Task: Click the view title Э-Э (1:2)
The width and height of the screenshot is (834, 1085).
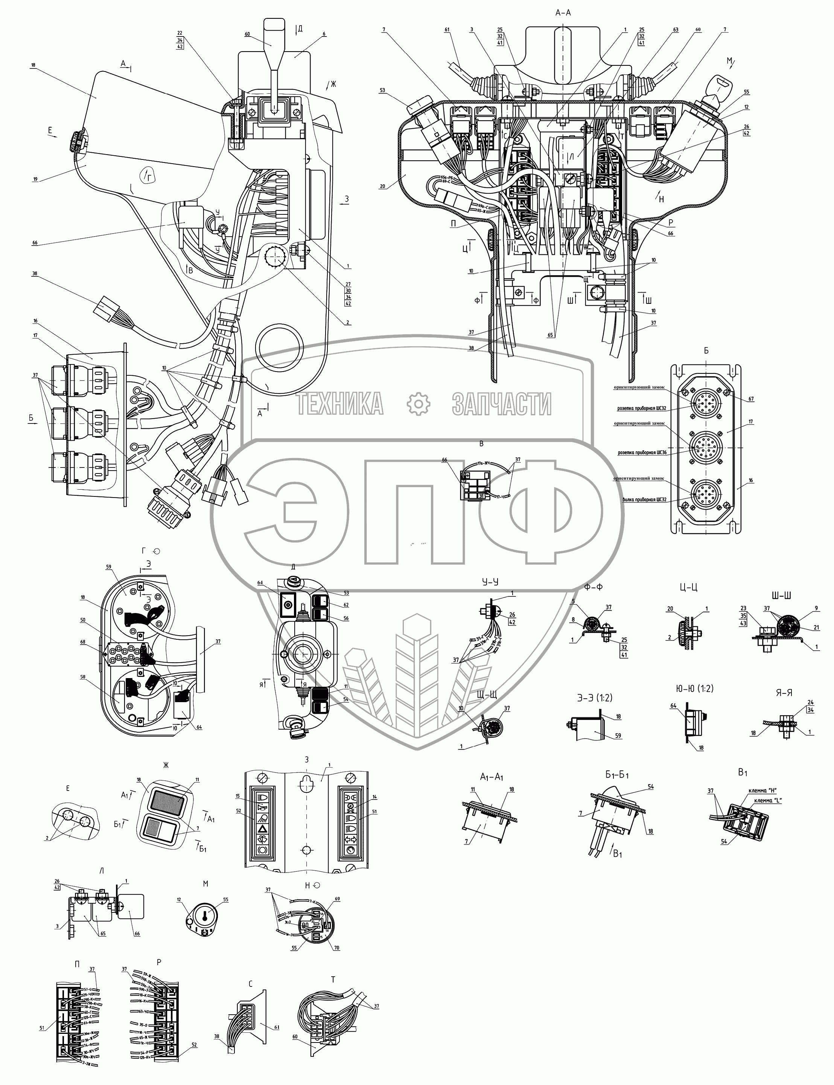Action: (x=594, y=698)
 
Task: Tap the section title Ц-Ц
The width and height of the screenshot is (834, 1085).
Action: (x=689, y=587)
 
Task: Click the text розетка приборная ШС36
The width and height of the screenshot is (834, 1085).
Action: (x=642, y=452)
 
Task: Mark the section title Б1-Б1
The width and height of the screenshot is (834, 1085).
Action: (x=617, y=775)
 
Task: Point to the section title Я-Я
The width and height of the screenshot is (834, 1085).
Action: (x=784, y=693)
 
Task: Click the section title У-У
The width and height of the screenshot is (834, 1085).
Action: (x=490, y=581)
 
